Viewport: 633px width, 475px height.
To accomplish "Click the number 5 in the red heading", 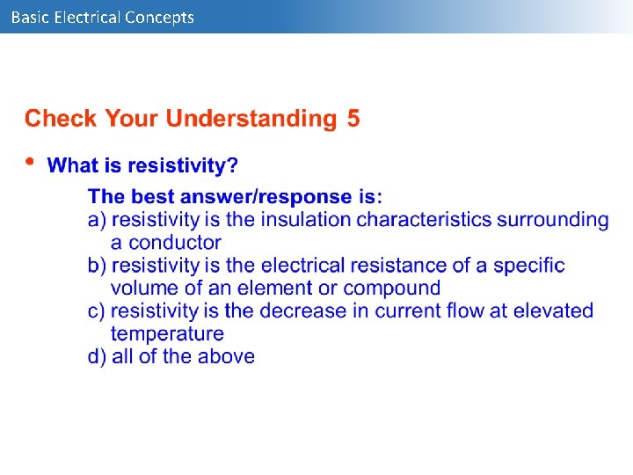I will [x=353, y=119].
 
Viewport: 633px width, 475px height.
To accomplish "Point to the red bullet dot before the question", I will [x=31, y=162].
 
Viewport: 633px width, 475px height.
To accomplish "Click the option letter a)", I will [x=98, y=219].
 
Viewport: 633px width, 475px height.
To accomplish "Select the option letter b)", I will [x=98, y=265].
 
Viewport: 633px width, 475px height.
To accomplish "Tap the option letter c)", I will [x=98, y=311].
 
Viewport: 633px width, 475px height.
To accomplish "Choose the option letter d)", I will [x=98, y=356].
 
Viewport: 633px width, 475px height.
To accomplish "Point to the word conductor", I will [x=165, y=242].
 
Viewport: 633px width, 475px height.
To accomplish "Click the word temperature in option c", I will [x=167, y=334].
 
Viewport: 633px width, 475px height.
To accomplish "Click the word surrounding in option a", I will [x=552, y=219].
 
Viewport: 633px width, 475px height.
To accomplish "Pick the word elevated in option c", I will [x=553, y=311].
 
